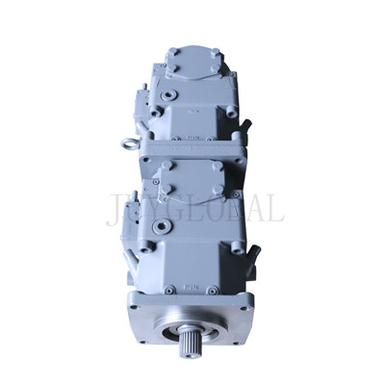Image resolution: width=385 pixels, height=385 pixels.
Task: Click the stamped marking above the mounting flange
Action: [191, 286]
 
